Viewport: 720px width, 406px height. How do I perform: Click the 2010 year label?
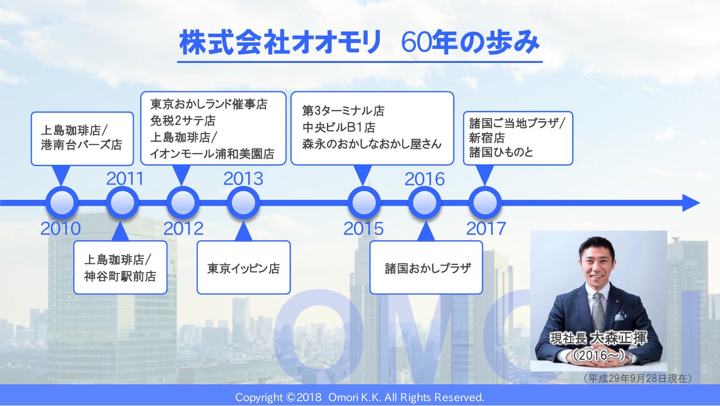(x=60, y=228)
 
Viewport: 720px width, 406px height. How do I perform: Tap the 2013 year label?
(x=243, y=179)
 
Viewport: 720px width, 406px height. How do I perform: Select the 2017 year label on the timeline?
(x=486, y=228)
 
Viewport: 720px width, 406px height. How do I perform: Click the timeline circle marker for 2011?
(x=122, y=203)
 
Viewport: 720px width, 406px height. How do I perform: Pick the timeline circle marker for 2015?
(x=364, y=203)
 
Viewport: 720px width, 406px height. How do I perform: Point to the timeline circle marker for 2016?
(x=425, y=203)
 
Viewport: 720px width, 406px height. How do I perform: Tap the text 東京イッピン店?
(x=243, y=268)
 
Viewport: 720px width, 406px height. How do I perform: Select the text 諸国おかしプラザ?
(x=428, y=268)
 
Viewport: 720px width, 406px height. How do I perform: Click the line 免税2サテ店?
(x=183, y=121)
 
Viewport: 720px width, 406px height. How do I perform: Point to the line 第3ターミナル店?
(x=343, y=111)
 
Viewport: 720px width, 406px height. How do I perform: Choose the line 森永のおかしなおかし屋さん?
(x=372, y=144)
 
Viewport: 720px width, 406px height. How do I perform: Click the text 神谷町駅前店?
(x=120, y=276)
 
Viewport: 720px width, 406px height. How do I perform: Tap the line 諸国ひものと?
(x=501, y=152)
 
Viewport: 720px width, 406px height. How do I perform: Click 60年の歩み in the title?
(x=470, y=42)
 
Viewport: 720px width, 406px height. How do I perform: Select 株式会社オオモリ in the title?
(x=280, y=42)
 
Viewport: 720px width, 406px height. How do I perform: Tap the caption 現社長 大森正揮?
(x=598, y=338)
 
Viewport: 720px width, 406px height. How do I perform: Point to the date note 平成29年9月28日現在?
(x=637, y=378)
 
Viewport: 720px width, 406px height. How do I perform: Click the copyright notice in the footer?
(x=360, y=397)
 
